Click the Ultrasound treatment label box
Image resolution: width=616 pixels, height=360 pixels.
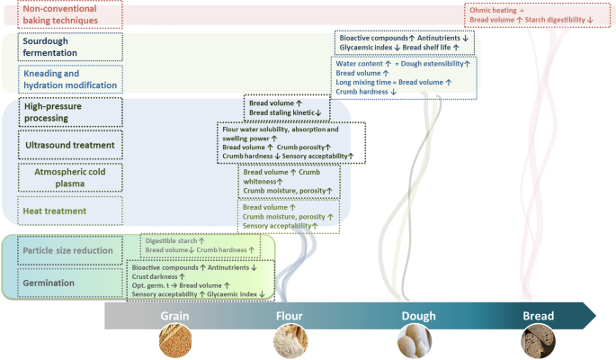pyautogui.click(x=68, y=145)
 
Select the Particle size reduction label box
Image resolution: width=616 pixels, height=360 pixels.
pyautogui.click(x=68, y=250)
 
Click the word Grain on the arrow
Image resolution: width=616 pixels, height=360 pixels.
pyautogui.click(x=174, y=316)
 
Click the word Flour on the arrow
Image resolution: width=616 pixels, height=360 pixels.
pyautogui.click(x=290, y=316)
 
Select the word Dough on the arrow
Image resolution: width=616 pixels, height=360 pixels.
pyautogui.click(x=418, y=316)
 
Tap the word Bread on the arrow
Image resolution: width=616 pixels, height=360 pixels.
pyautogui.click(x=539, y=316)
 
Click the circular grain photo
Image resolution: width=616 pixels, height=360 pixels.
pyautogui.click(x=174, y=342)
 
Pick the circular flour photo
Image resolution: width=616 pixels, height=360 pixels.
pyautogui.click(x=290, y=342)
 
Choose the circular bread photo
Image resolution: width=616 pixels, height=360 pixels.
pyautogui.click(x=538, y=342)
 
